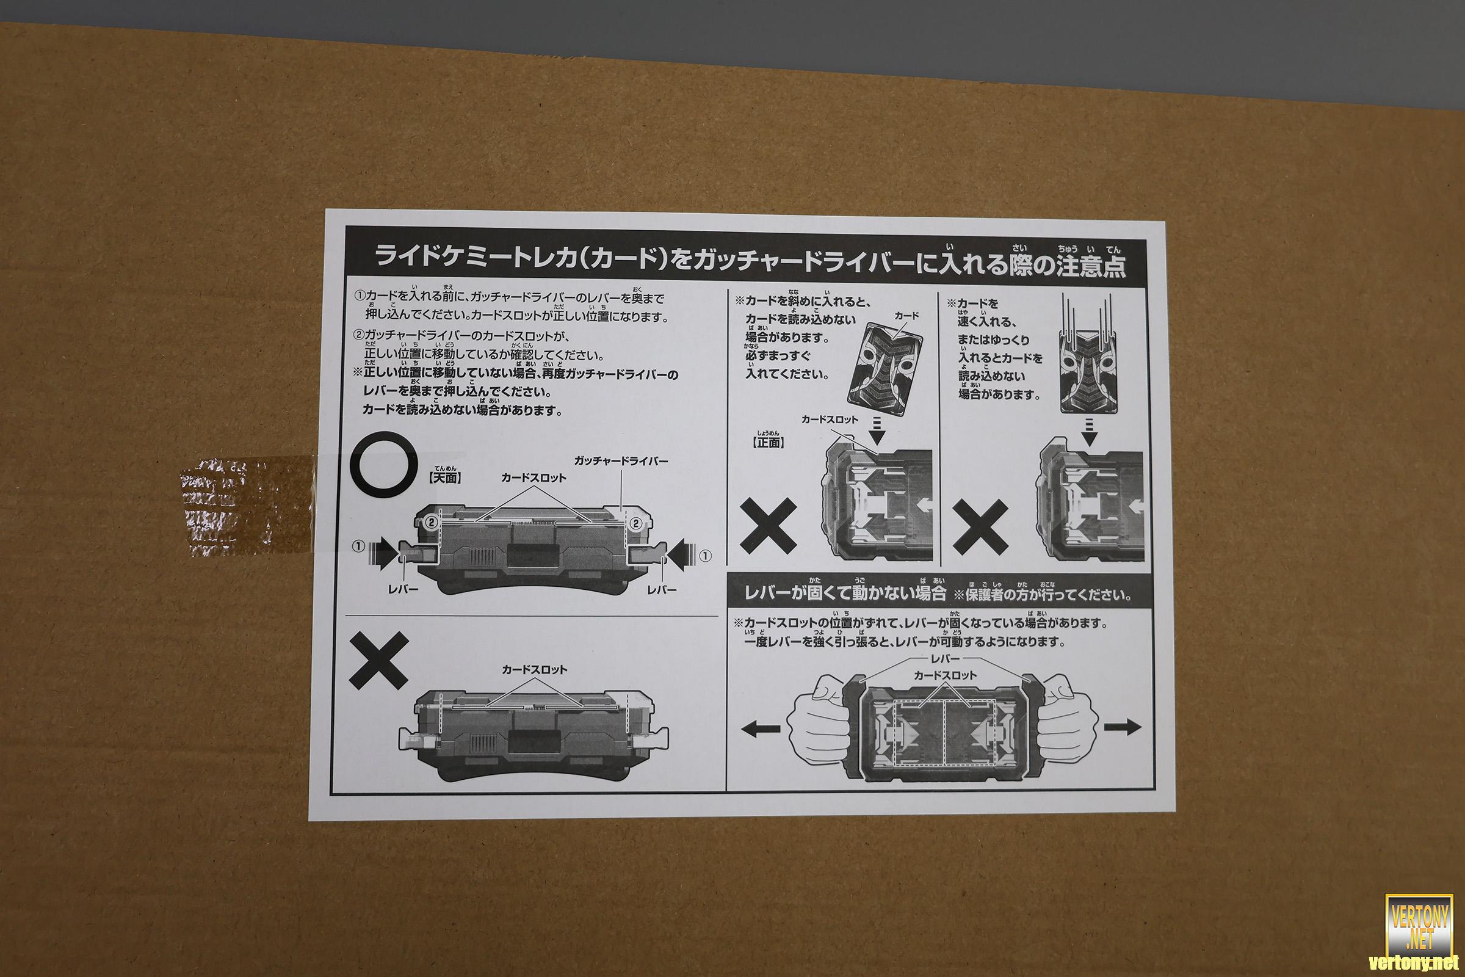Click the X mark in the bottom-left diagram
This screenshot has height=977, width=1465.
(x=379, y=659)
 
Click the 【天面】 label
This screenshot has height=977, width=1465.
(x=446, y=478)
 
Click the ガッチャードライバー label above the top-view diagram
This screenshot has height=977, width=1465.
(x=621, y=461)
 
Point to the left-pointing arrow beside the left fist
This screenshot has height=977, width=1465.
(x=761, y=727)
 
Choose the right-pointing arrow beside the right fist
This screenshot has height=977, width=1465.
(x=1123, y=727)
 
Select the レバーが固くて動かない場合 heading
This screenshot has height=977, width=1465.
(x=845, y=592)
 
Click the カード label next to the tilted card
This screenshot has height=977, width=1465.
(x=907, y=316)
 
